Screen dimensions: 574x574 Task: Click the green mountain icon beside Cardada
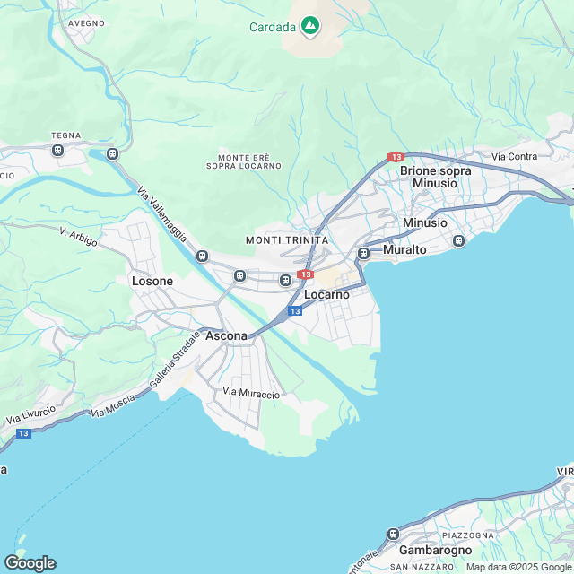309,26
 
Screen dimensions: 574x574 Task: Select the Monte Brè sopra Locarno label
243,161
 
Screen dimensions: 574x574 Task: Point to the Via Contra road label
515,157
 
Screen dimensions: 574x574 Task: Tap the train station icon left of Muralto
363,253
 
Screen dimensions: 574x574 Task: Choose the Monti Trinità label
287,240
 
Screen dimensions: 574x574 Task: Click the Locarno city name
326,294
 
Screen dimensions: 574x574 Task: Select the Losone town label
152,281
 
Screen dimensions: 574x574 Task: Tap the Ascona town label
226,335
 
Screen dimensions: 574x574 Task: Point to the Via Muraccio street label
251,394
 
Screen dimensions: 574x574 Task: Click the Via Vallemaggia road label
162,213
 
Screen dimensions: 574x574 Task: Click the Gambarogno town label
434,549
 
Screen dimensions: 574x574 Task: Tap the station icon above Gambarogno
393,534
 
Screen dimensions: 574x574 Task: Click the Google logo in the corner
30,563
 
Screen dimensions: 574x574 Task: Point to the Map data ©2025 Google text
517,567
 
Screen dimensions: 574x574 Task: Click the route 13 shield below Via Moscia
23,433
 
